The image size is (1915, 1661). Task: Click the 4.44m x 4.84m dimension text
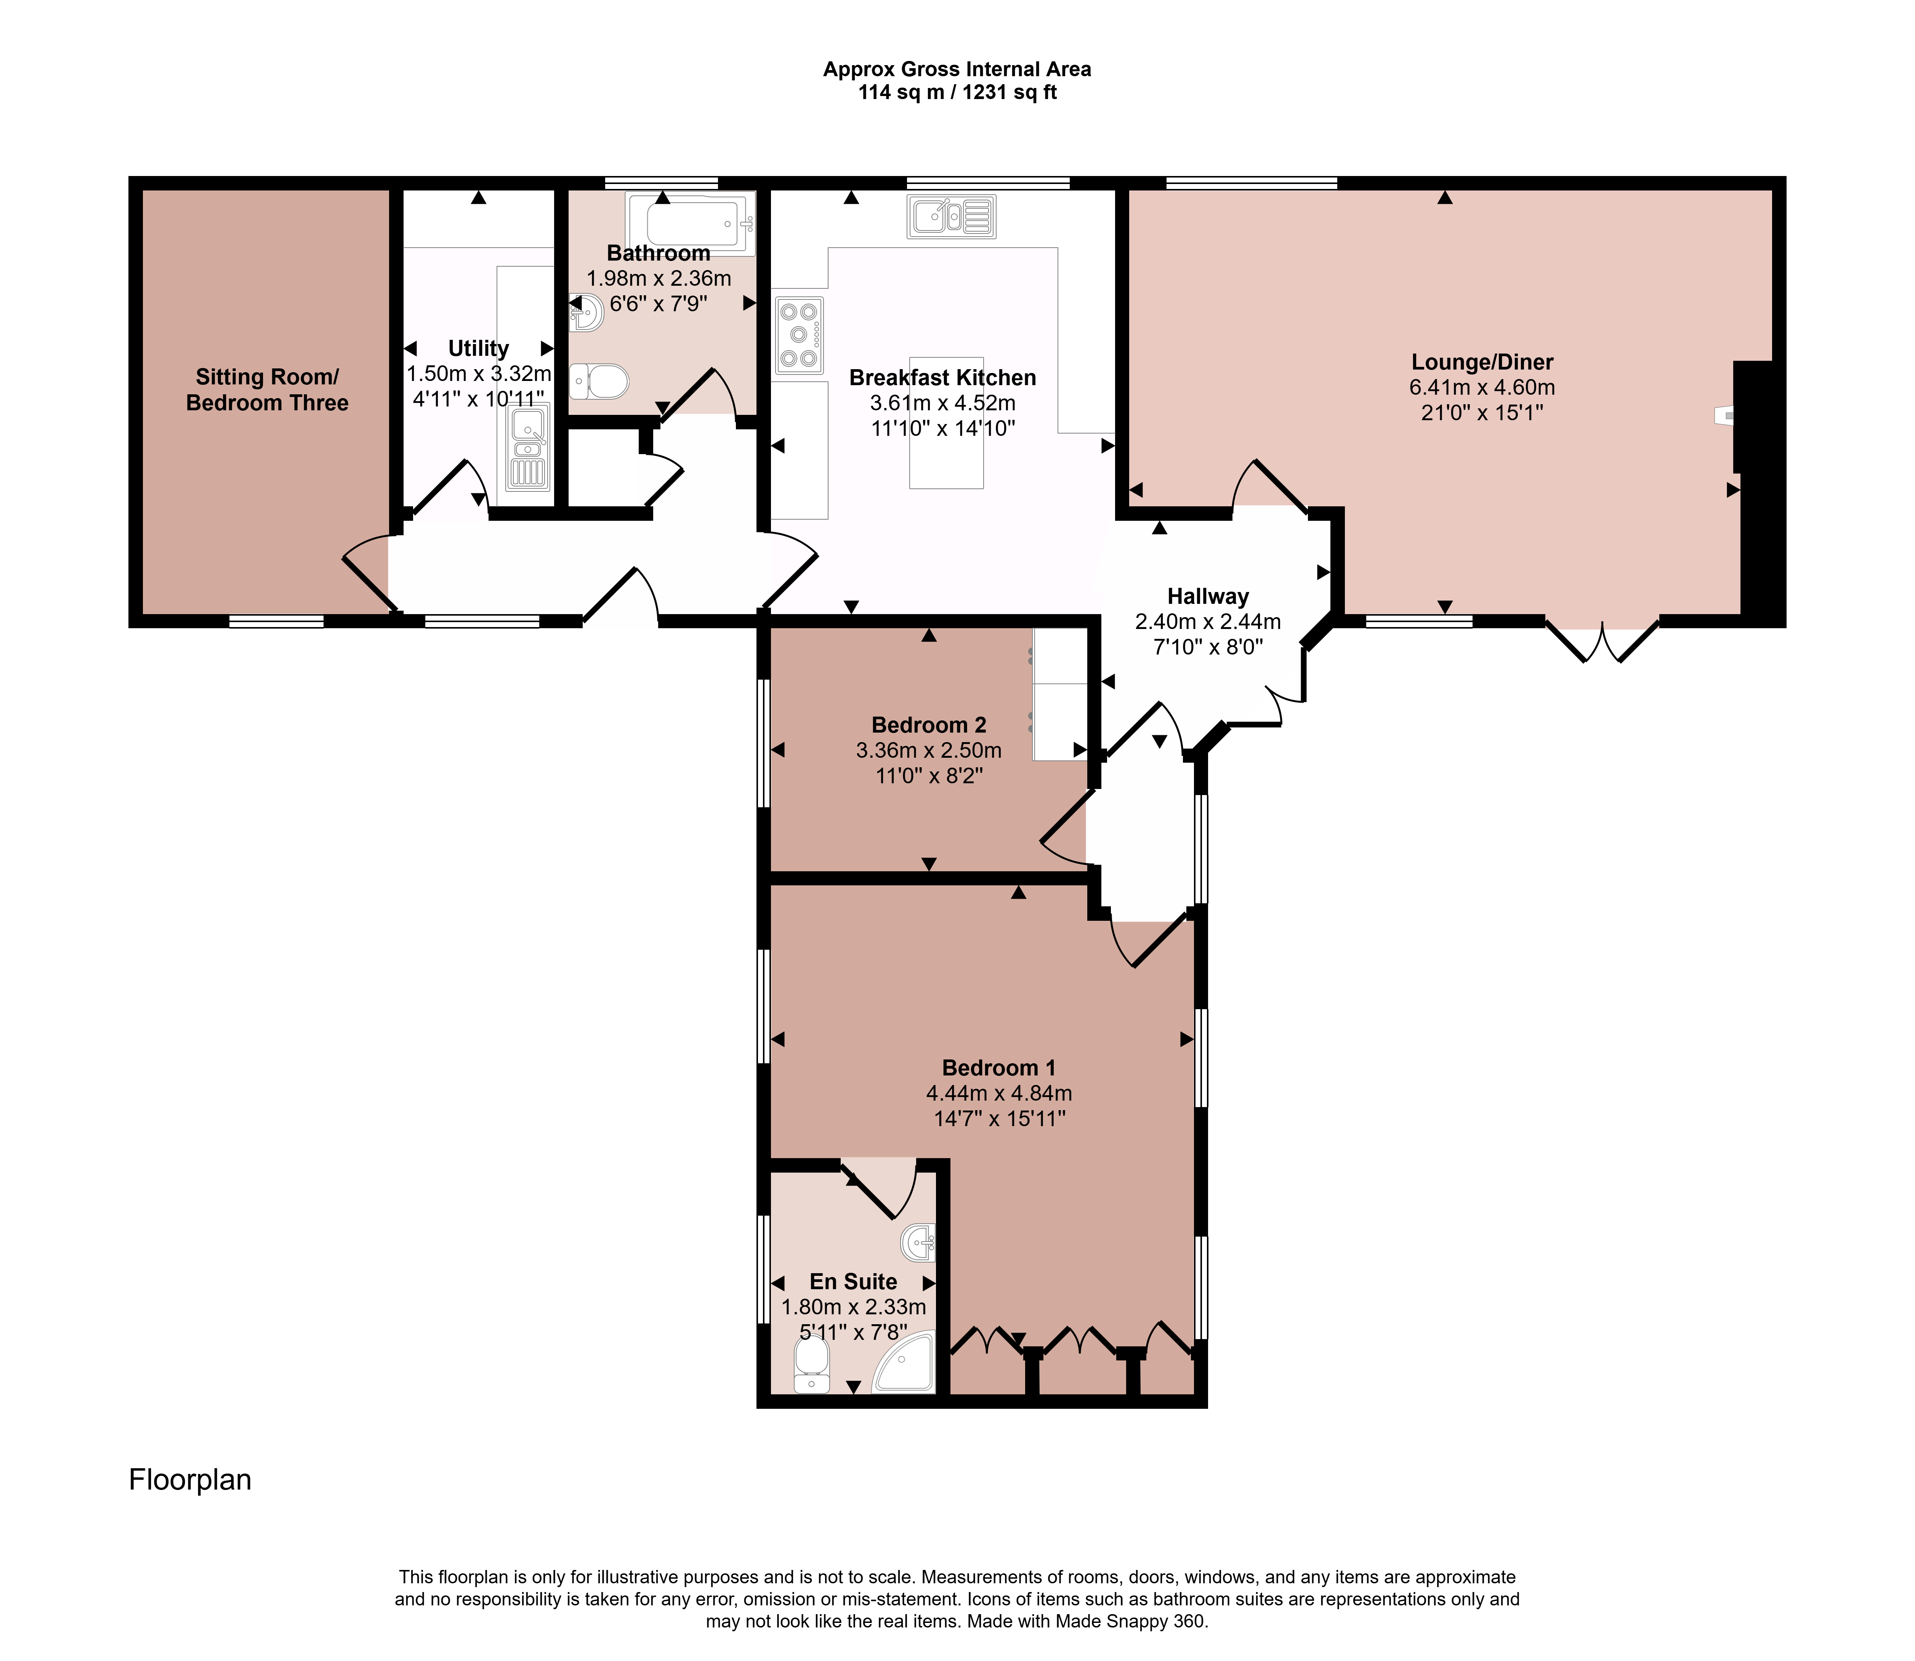(999, 1094)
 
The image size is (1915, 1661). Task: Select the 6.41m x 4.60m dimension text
(1482, 387)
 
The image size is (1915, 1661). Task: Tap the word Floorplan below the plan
(190, 1479)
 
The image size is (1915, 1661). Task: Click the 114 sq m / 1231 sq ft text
(957, 93)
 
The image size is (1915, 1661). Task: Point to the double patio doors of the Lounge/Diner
(1602, 638)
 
